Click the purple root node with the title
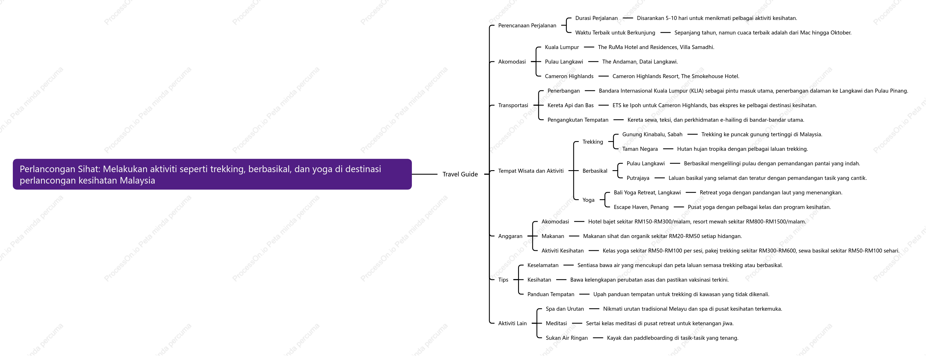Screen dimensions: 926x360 pos(212,174)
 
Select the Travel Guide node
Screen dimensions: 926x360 pos(460,174)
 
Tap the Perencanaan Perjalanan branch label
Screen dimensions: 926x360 pos(527,26)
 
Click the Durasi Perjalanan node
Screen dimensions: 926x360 pos(596,18)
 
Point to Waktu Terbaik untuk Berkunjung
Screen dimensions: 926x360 pos(615,33)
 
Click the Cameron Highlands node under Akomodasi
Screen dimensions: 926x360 pos(569,76)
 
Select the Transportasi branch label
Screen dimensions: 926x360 pos(513,105)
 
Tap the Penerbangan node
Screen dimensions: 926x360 pos(563,91)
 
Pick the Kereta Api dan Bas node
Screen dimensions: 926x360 pos(571,105)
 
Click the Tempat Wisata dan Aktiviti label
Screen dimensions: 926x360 pos(531,171)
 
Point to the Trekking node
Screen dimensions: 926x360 pos(593,142)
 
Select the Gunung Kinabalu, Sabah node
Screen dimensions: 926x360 pos(652,135)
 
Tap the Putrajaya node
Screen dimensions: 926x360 pos(638,178)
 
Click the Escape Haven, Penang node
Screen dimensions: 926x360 pos(641,207)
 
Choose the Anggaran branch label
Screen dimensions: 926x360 pos(510,236)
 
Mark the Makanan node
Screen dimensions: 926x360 pos(553,236)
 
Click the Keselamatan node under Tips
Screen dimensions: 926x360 pos(543,265)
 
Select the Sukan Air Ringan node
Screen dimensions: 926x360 pos(567,338)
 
